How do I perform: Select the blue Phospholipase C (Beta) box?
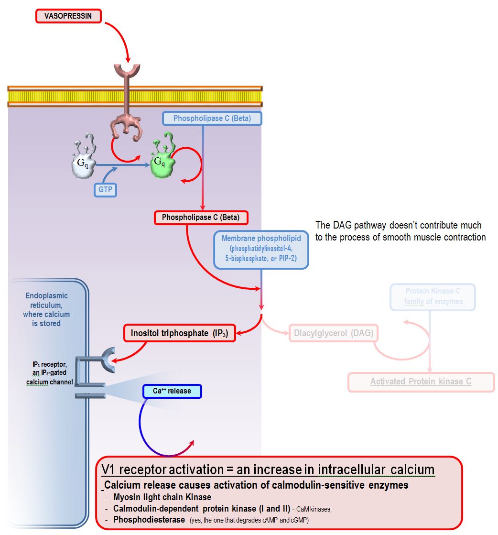point(212,118)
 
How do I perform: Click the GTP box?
point(105,189)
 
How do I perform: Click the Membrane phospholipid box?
point(261,249)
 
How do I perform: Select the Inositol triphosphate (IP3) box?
point(180,333)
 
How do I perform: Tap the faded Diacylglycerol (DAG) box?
point(333,333)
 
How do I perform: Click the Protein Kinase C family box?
point(433,296)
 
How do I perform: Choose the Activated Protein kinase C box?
point(421,382)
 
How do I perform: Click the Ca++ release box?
point(172,391)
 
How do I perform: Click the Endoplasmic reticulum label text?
point(46,309)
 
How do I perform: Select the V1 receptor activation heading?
point(268,469)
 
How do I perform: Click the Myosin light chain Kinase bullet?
point(162,497)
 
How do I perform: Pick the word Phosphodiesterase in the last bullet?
point(149,519)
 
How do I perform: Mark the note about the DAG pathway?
point(401,230)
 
